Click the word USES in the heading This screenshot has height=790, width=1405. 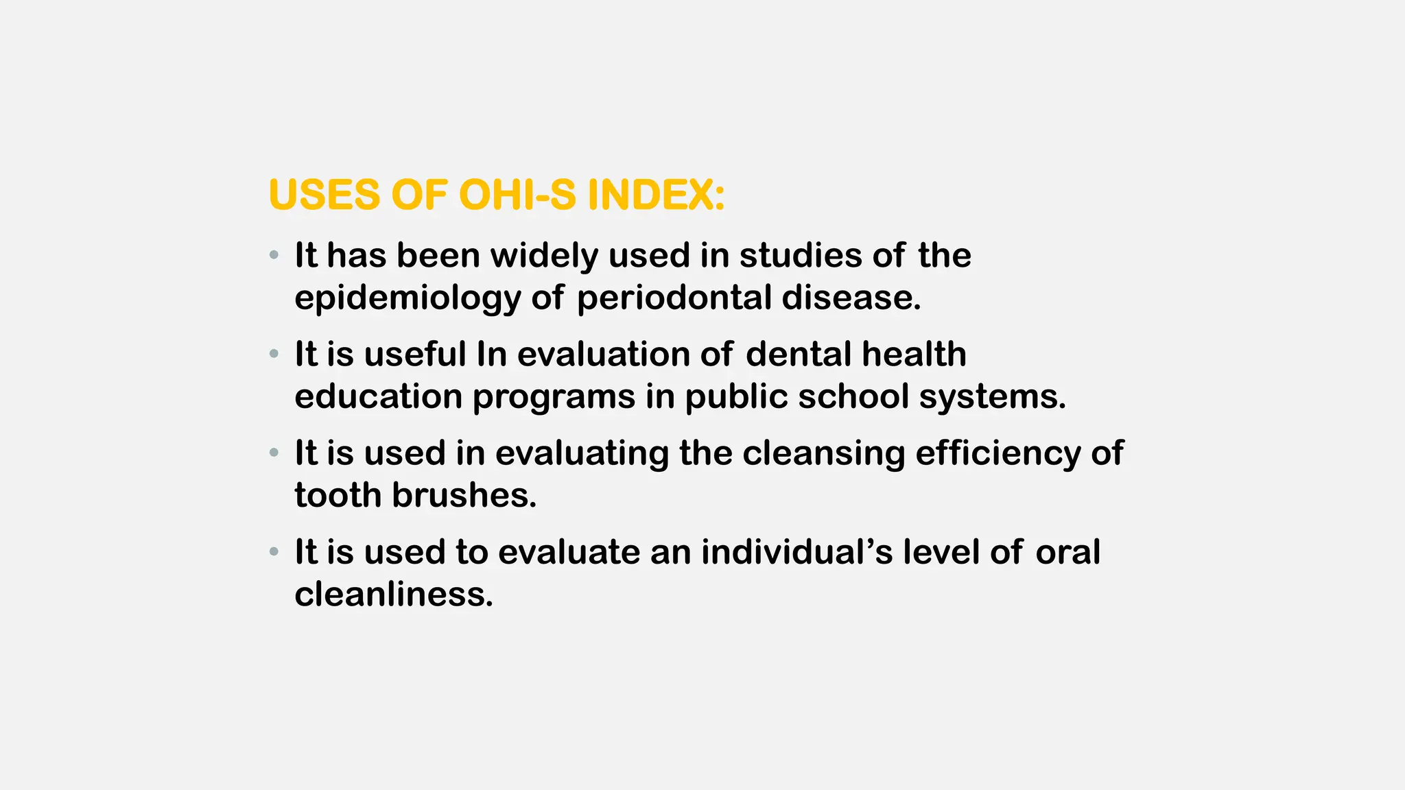(x=324, y=195)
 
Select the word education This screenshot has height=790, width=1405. (x=378, y=396)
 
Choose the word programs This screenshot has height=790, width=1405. (x=554, y=398)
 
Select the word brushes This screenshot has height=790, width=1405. (x=464, y=495)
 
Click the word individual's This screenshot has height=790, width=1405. (x=796, y=552)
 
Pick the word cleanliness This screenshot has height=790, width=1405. (x=394, y=594)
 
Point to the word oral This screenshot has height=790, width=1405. (x=1067, y=552)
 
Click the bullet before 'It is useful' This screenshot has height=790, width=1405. (x=274, y=355)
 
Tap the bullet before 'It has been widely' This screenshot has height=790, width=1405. (x=274, y=256)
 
